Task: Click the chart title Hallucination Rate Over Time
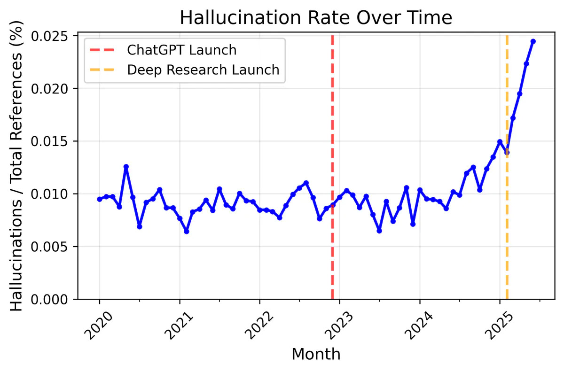click(316, 18)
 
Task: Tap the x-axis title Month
click(316, 354)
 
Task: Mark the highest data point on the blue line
click(533, 41)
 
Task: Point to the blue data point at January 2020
click(99, 199)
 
